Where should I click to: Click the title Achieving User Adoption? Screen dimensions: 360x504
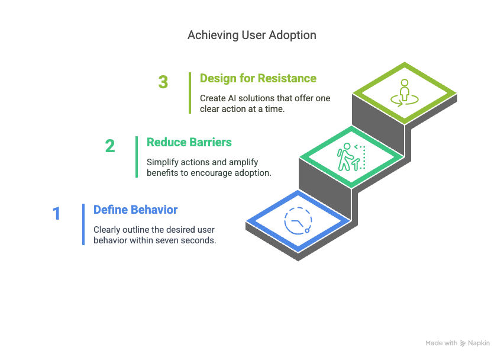coord(251,35)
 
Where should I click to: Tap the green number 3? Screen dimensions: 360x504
coord(163,82)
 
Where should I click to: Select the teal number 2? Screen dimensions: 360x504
coord(110,146)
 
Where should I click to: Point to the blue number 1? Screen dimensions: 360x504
coord(57,214)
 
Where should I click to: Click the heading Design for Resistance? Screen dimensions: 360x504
coord(258,78)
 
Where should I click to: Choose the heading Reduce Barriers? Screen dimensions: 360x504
coord(189,142)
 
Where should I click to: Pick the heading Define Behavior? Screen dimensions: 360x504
coord(135,210)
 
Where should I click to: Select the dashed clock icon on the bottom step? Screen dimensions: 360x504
coord(298,221)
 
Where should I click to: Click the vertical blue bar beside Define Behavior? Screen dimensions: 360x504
coord(83,224)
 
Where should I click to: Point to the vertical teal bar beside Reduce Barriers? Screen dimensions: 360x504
coord(137,156)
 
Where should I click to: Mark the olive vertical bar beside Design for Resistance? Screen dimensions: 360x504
coord(190,92)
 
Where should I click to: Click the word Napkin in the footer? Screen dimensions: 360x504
coord(479,343)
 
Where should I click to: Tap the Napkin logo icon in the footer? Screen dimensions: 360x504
coord(463,343)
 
